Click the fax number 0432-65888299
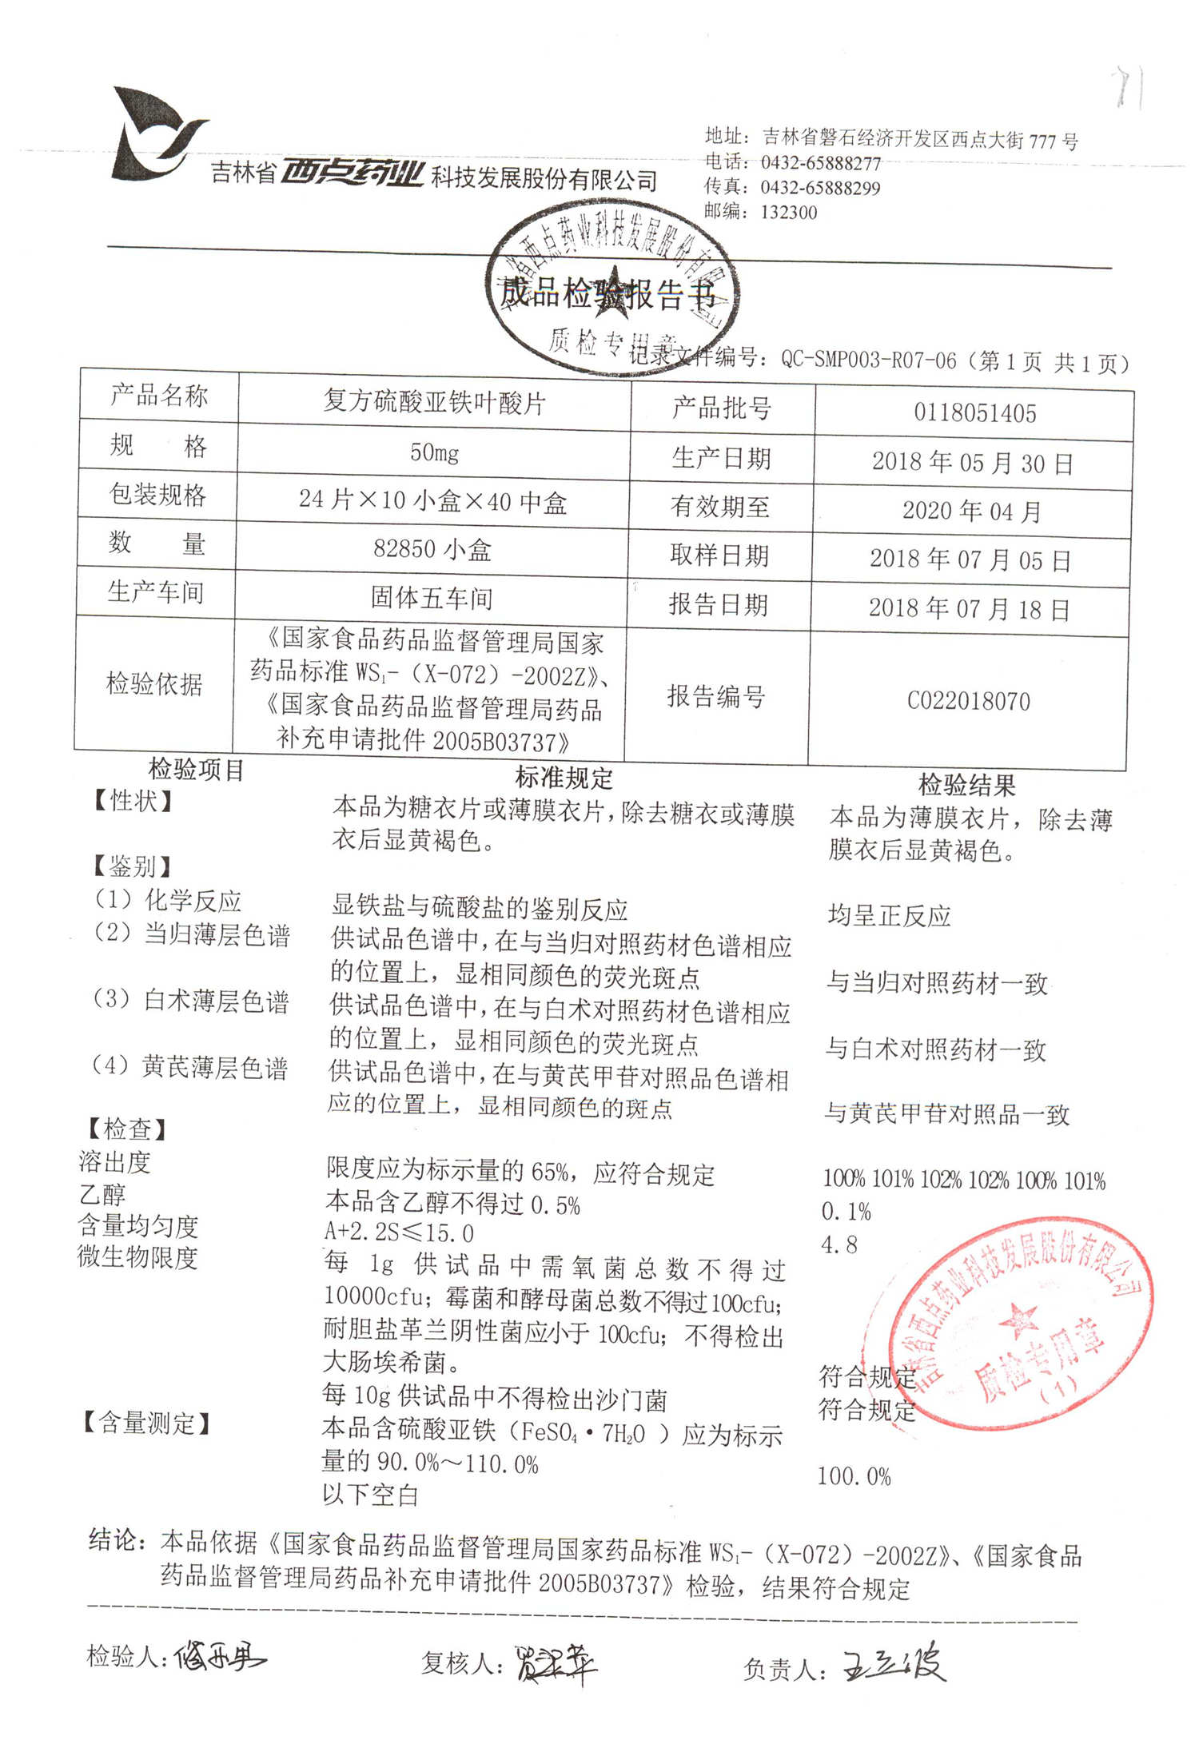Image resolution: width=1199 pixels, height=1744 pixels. [x=819, y=188]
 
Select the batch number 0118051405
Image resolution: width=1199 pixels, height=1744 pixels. [x=974, y=413]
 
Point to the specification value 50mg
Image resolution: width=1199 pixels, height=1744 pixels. [x=434, y=453]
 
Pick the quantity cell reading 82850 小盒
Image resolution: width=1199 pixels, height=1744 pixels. [x=432, y=550]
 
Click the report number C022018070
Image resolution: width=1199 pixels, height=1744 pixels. [x=968, y=701]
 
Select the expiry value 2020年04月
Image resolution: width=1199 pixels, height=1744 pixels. [x=971, y=512]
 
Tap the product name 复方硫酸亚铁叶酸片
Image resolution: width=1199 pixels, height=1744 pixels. [x=434, y=403]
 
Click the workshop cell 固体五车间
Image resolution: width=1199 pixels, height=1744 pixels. [x=432, y=598]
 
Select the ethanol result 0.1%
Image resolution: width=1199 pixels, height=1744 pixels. [x=846, y=1212]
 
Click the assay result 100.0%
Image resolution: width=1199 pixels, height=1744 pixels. [x=854, y=1476]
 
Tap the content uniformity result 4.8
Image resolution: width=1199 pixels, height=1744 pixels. [x=839, y=1244]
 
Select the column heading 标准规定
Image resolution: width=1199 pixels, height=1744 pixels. [x=564, y=778]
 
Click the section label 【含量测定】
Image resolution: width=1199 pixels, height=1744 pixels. [x=147, y=1422]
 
